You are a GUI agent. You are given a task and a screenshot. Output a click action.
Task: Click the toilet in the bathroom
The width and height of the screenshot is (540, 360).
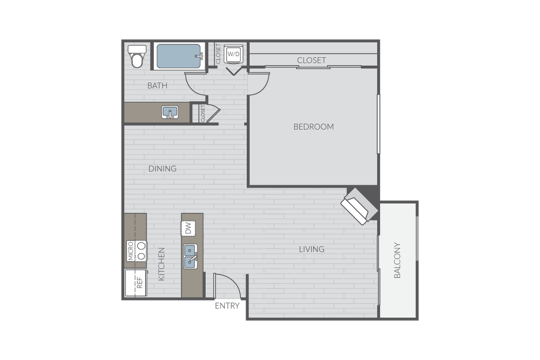point(137,57)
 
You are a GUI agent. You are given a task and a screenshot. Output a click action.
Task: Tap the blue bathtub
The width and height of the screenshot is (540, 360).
point(179,56)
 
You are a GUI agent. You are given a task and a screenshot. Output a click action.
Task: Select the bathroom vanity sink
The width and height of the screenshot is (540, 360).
point(170,112)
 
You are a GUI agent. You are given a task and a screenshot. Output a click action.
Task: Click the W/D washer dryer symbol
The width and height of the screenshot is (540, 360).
point(233,54)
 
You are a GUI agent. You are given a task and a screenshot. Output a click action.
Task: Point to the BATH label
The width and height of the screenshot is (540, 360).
point(157,86)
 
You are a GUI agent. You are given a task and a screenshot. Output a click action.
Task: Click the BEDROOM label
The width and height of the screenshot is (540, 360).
point(314,127)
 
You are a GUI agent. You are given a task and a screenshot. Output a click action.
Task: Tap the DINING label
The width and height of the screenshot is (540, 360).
point(162,168)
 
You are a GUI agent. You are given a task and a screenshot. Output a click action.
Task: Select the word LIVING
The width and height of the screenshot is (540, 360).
point(311,249)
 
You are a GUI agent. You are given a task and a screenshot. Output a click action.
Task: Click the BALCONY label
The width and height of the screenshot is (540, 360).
point(397,260)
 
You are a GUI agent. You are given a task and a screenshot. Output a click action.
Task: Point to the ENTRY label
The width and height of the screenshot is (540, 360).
point(227,306)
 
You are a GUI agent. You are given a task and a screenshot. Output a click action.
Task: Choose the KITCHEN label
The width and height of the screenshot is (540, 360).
point(161,264)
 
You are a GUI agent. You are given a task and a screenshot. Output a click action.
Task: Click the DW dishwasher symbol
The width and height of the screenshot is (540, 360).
point(188,228)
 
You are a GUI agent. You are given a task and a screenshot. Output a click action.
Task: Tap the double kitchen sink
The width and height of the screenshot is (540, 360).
point(190,256)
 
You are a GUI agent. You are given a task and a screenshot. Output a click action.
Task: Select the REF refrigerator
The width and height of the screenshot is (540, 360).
point(136,283)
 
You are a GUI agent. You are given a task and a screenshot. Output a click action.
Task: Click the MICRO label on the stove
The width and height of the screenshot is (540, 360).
point(130,251)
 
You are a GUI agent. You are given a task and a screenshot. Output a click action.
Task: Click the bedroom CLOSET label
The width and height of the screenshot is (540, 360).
point(311,60)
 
